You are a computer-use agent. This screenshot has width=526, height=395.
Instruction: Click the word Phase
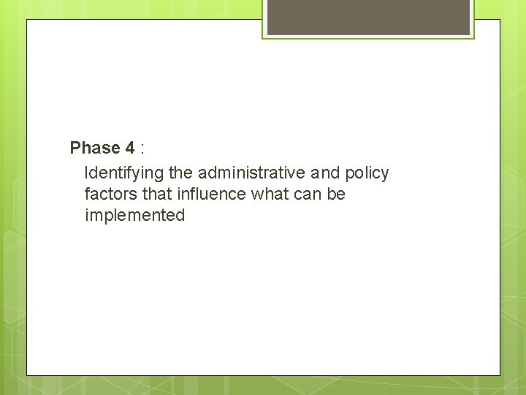pyautogui.click(x=94, y=148)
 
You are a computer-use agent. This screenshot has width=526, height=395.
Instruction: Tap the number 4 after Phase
pyautogui.click(x=129, y=148)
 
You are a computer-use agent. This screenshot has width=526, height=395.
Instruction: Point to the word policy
pyautogui.click(x=367, y=173)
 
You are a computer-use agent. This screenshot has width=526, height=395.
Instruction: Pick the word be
pyautogui.click(x=337, y=195)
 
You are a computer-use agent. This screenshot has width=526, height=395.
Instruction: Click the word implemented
pyautogui.click(x=134, y=216)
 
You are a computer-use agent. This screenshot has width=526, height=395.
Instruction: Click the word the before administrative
pyautogui.click(x=180, y=173)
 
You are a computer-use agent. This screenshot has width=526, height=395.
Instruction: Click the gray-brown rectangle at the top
pyautogui.click(x=368, y=17)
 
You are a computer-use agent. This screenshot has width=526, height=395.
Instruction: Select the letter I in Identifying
pyautogui.click(x=87, y=173)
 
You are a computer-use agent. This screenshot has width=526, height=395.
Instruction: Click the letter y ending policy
pyautogui.click(x=385, y=175)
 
